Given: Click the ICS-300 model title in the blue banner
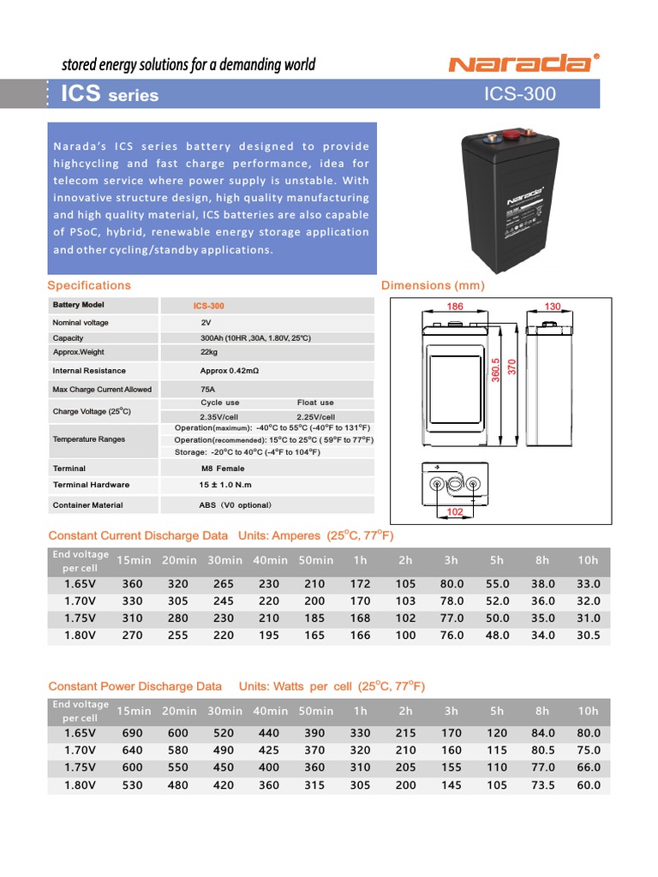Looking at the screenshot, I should pyautogui.click(x=520, y=94).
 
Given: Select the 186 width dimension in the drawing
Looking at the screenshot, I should pyautogui.click(x=455, y=307).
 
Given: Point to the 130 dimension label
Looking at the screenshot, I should pyautogui.click(x=553, y=307).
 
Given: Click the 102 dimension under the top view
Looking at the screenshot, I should pyautogui.click(x=455, y=512).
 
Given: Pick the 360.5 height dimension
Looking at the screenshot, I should pyautogui.click(x=495, y=372).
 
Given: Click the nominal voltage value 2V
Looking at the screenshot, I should pyautogui.click(x=206, y=323).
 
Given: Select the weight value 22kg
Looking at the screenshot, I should pyautogui.click(x=209, y=352).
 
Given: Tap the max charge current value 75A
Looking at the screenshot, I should pyautogui.click(x=208, y=389).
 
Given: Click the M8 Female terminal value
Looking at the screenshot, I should pyautogui.click(x=222, y=468).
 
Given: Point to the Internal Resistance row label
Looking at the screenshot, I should pyautogui.click(x=89, y=371).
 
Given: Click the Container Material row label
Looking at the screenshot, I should pyautogui.click(x=87, y=505).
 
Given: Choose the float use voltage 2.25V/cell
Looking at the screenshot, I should pyautogui.click(x=315, y=417).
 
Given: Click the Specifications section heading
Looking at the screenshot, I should pyautogui.click(x=89, y=285).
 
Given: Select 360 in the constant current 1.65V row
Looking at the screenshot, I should pyautogui.click(x=133, y=583).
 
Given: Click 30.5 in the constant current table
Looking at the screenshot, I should pyautogui.click(x=588, y=635).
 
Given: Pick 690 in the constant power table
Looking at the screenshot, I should pyautogui.click(x=133, y=733).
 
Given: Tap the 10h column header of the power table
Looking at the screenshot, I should pyautogui.click(x=588, y=711).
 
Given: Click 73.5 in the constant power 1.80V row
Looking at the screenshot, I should pyautogui.click(x=542, y=785).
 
